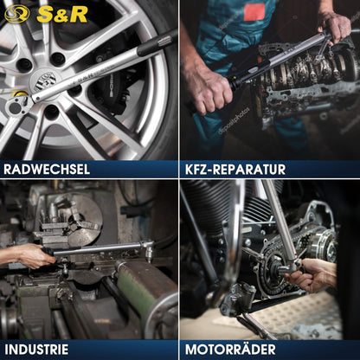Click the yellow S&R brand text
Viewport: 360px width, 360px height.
click(x=53, y=13)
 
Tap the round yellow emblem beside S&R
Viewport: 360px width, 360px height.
click(x=16, y=13)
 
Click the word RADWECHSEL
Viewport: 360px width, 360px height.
click(x=47, y=169)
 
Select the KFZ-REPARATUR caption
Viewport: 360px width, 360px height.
click(x=235, y=169)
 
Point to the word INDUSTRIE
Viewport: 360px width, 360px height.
click(x=35, y=349)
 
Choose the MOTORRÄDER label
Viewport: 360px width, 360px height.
click(x=231, y=349)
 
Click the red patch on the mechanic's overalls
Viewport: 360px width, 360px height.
click(x=253, y=10)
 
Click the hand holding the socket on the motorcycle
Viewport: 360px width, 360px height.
click(x=317, y=275)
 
